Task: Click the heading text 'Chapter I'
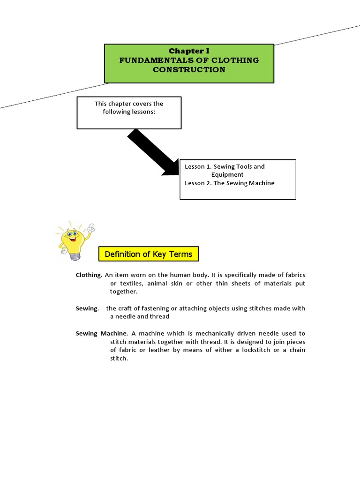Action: click(189, 51)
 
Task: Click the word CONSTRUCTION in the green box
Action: click(189, 70)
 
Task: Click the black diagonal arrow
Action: click(151, 153)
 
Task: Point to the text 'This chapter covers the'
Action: click(129, 104)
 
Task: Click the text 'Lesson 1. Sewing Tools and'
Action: click(225, 166)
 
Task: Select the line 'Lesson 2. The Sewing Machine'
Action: click(230, 183)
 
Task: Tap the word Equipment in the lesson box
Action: click(227, 175)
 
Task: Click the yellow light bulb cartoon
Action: click(72, 239)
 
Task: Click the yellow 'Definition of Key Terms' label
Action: click(149, 254)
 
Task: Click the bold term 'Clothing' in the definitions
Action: click(88, 275)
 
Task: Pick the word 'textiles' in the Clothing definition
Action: click(136, 283)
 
